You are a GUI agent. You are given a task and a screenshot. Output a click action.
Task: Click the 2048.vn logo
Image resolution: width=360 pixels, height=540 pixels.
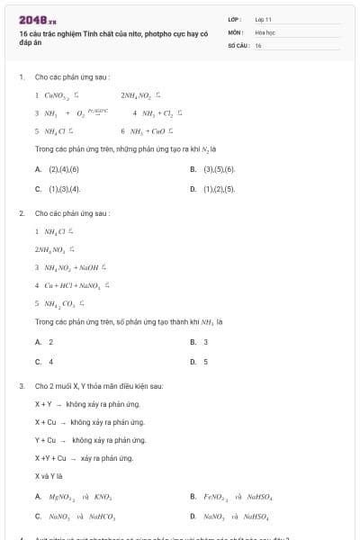(x=37, y=19)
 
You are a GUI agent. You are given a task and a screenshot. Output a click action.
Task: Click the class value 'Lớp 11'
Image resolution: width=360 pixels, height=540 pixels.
(x=263, y=18)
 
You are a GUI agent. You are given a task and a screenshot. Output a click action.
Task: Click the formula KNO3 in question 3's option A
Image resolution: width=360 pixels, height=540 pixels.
(x=102, y=496)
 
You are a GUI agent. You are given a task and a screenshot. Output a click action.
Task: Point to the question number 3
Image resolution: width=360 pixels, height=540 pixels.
(x=21, y=386)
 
